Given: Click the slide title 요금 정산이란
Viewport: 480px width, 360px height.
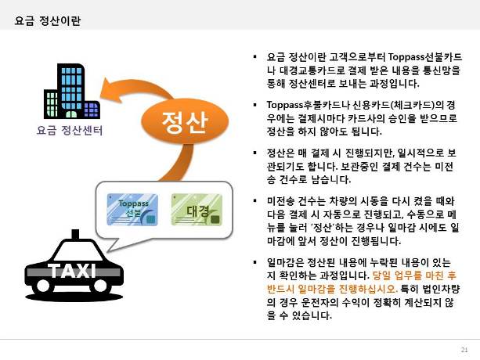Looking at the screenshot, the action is [48, 21].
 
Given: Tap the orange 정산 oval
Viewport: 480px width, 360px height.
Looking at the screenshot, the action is [185, 122].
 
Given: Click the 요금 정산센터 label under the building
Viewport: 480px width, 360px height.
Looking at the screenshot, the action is [70, 130].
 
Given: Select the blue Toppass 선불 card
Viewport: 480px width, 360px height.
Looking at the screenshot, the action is [132, 210].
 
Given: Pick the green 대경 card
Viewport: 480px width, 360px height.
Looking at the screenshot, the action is [197, 210].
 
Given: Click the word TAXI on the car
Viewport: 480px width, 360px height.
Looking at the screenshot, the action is [72, 271].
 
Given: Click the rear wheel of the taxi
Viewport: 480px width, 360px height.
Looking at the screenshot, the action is [100, 286].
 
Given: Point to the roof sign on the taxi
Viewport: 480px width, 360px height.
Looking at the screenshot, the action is [75, 234].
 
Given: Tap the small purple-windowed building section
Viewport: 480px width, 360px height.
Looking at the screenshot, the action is [92, 110].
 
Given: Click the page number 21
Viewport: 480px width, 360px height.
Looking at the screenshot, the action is [464, 350].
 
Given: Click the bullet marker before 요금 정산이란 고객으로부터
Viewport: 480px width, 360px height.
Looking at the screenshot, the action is [254, 56].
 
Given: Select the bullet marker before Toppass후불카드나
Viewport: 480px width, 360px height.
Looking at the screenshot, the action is [254, 105].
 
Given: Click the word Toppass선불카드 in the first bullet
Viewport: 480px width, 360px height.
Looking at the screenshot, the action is [425, 57].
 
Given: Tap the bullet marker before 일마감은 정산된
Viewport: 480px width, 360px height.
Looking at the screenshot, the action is [254, 262].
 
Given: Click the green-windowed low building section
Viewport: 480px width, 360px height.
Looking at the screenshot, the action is [52, 104].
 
